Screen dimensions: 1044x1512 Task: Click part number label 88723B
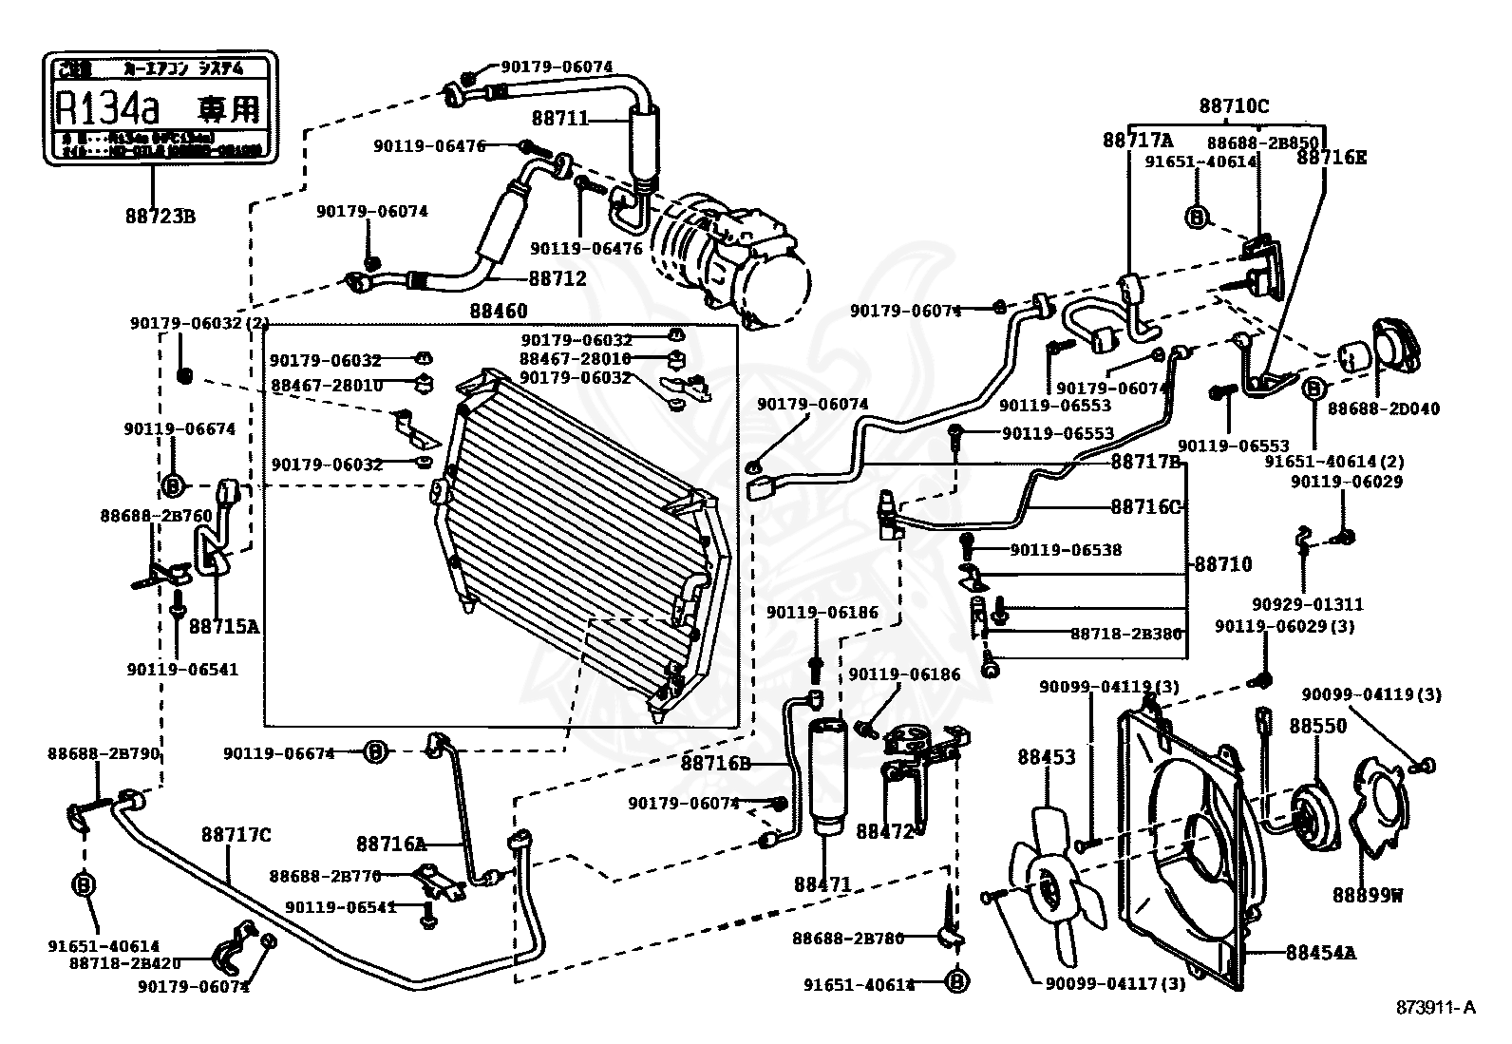[160, 217]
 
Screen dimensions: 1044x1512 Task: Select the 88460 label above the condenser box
[498, 312]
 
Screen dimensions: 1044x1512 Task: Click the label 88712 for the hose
[558, 278]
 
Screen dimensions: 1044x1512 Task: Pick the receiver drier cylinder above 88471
[823, 776]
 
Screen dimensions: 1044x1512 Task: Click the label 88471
[822, 884]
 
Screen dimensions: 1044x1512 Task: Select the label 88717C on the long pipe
[236, 835]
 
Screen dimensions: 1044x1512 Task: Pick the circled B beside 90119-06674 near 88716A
[376, 753]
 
